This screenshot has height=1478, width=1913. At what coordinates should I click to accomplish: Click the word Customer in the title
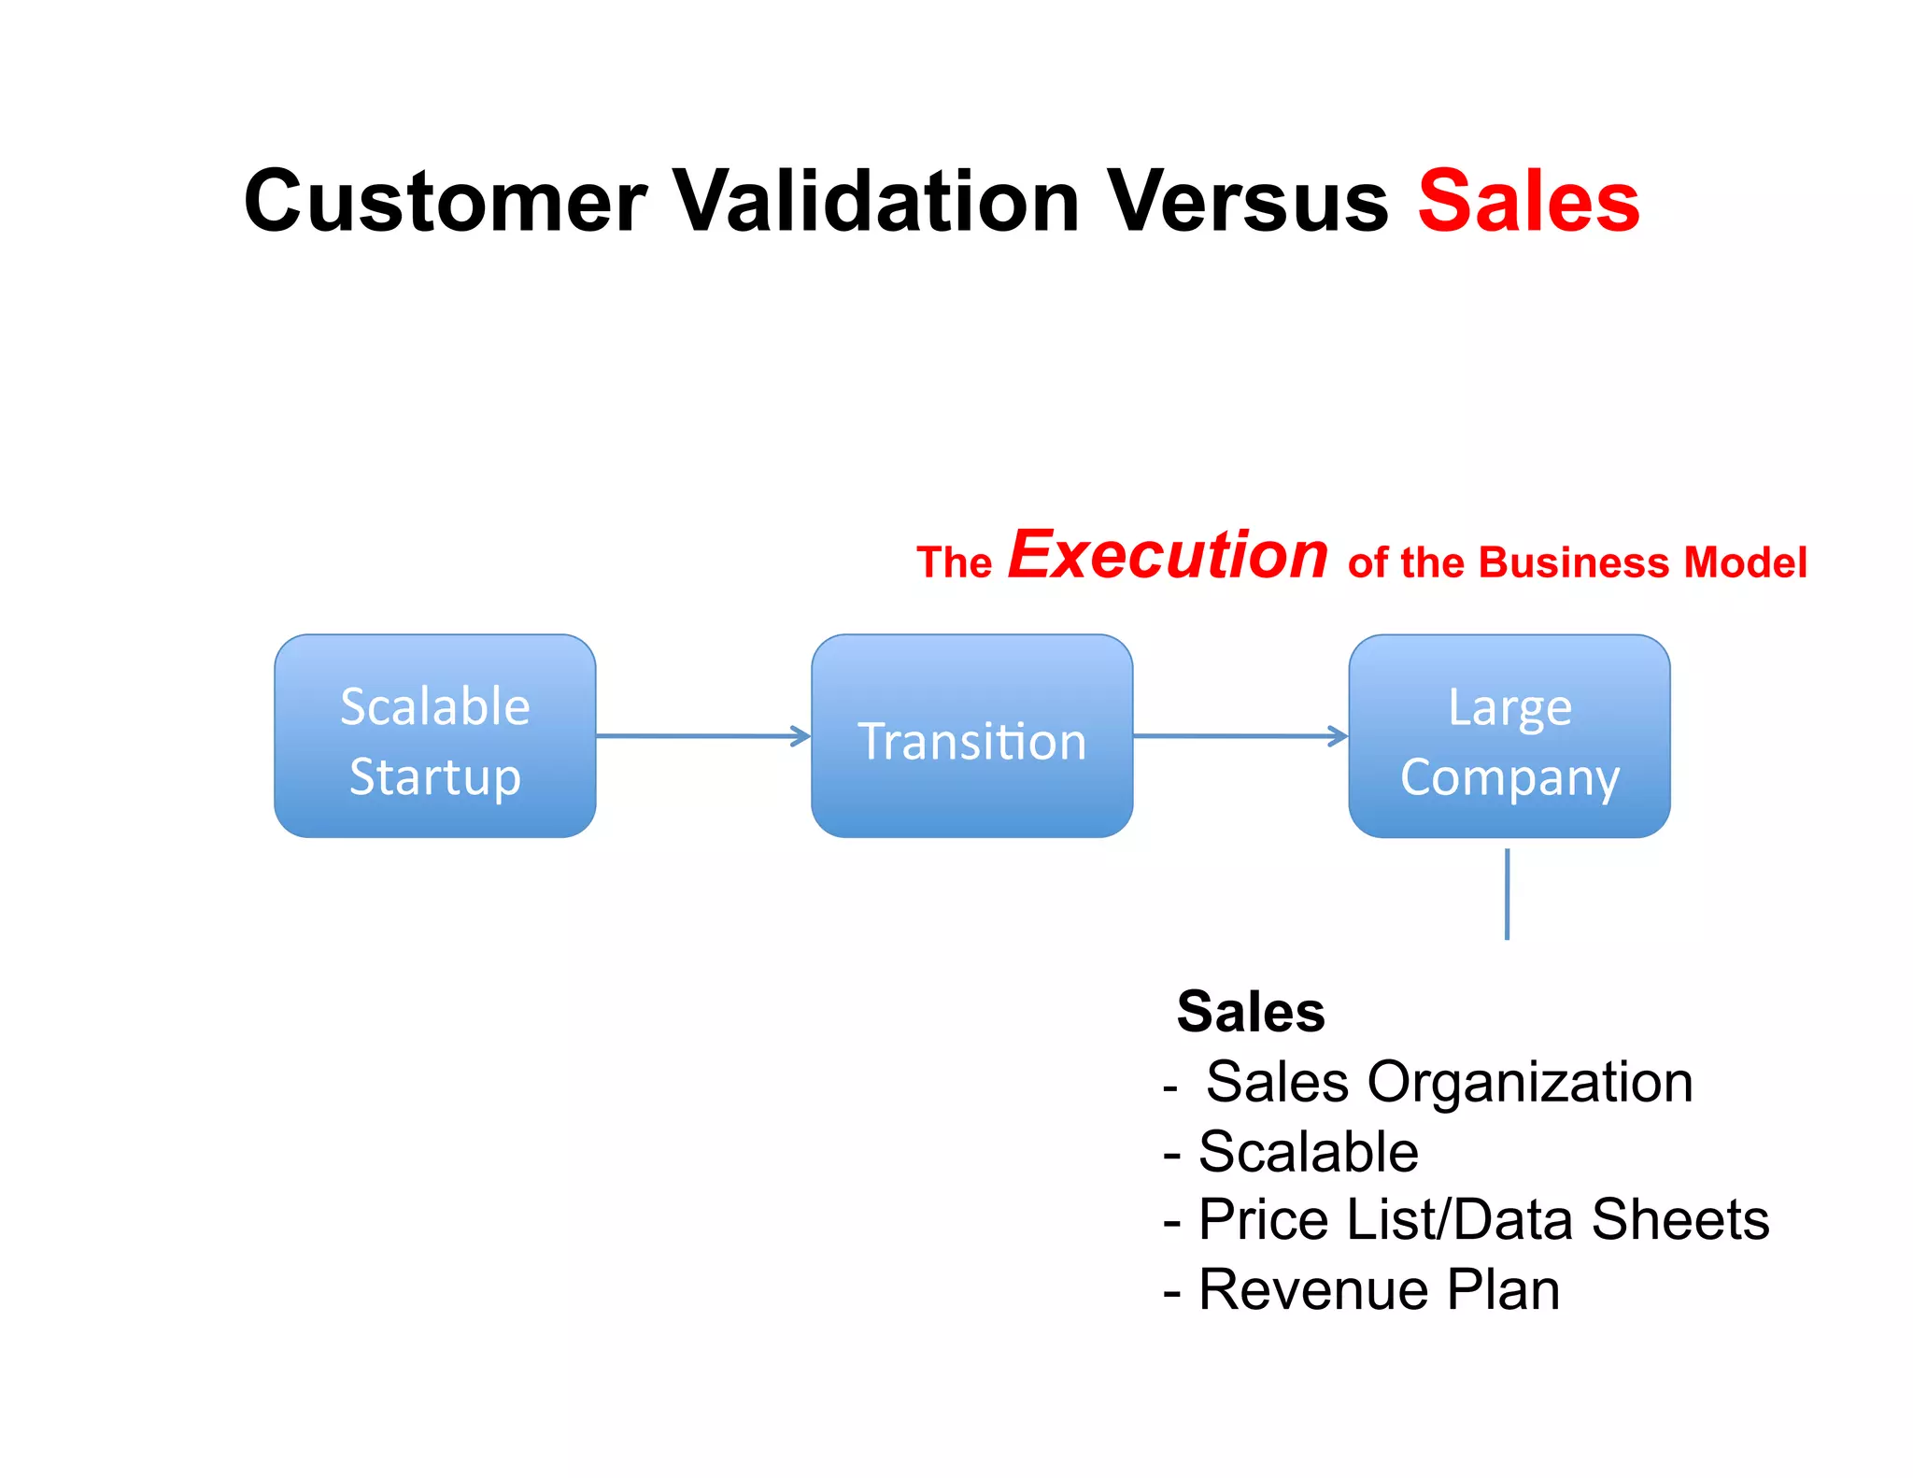point(445,202)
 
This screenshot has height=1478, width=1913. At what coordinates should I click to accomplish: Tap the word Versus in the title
point(1247,202)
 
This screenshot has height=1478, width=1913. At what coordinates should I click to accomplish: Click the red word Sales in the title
point(1528,202)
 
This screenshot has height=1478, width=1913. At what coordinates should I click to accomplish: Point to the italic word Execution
point(1168,555)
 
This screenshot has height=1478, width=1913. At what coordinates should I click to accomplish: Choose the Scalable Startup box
point(435,736)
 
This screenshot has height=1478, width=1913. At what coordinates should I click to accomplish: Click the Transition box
point(971,736)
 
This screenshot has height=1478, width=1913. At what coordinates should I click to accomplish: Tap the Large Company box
point(1509,736)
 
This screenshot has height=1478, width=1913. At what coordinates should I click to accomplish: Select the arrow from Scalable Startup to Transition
point(702,736)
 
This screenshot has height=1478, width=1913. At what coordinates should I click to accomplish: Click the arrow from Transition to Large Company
point(1240,736)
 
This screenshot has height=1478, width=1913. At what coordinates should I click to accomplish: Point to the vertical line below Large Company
point(1507,893)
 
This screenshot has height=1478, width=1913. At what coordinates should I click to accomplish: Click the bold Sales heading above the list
point(1251,1012)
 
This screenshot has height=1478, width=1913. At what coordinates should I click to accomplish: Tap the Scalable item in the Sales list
point(1308,1152)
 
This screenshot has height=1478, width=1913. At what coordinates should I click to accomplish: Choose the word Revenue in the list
point(1312,1290)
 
